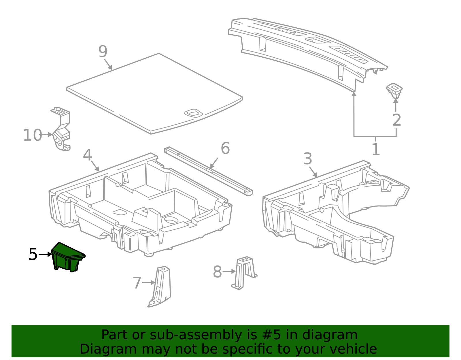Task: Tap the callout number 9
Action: coord(103,52)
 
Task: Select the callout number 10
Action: coord(32,135)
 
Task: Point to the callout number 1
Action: coord(375,150)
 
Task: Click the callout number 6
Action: coord(225,148)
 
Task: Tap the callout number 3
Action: coord(308,159)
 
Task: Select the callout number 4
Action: coord(87,155)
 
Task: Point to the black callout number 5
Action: coord(33,255)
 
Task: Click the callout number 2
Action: coord(397,120)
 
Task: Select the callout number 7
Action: coord(137,283)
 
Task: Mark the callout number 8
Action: coord(218,272)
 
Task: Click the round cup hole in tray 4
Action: coord(171,220)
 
